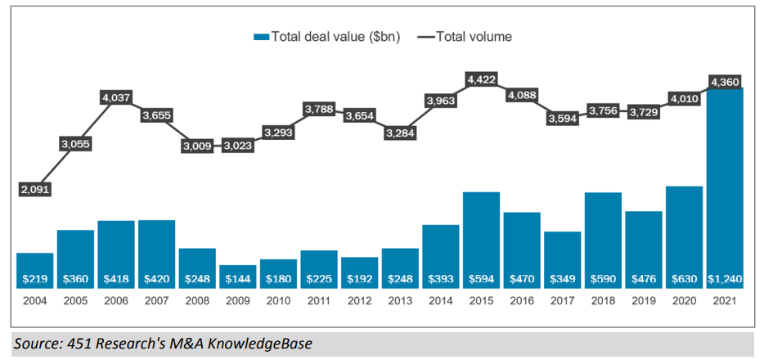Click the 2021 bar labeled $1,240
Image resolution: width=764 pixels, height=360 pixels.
[x=724, y=188]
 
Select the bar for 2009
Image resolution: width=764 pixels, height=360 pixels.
[x=237, y=276]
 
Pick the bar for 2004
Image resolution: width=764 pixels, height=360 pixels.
[x=34, y=270]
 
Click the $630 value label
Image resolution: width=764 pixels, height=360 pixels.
[x=684, y=279]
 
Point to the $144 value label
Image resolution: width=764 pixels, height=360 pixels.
[x=237, y=279]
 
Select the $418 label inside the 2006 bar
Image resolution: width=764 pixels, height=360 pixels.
[x=115, y=279]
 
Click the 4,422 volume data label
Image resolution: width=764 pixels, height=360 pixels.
[x=481, y=79]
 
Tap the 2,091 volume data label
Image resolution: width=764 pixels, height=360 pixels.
[x=34, y=189]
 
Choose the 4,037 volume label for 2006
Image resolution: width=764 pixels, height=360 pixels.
[x=115, y=97]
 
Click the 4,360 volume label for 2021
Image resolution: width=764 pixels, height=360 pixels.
[x=724, y=82]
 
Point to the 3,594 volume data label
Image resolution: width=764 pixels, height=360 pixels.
[x=562, y=118]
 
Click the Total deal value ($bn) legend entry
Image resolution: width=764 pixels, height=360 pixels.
[x=327, y=36]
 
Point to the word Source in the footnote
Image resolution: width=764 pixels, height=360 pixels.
[x=34, y=344]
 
